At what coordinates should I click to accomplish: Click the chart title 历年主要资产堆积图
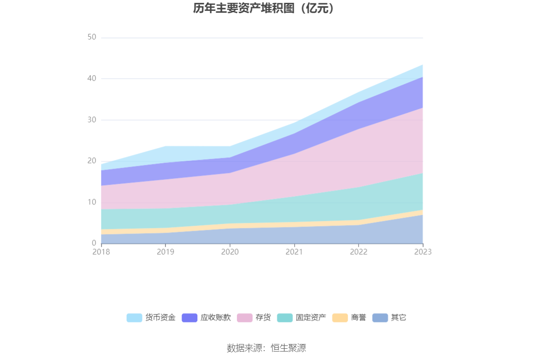[x=266, y=8]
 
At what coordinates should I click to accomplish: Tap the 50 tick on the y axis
[x=92, y=38]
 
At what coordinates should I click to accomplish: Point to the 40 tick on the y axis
[x=92, y=78]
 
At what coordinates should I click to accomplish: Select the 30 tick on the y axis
[x=92, y=120]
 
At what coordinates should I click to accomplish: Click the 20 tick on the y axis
[x=92, y=161]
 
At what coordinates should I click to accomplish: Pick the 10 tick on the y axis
[x=92, y=202]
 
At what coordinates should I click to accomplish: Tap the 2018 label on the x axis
[x=101, y=252]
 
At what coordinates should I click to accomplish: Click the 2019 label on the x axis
[x=165, y=252]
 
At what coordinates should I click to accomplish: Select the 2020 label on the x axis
[x=230, y=252]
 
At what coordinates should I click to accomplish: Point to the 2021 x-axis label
[x=294, y=252]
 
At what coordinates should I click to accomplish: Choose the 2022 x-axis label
[x=359, y=252]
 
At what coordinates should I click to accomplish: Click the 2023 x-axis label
[x=423, y=252]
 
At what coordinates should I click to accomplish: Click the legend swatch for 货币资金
[x=134, y=318]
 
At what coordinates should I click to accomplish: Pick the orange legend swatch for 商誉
[x=340, y=318]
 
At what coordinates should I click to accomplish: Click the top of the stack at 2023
[x=423, y=65]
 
